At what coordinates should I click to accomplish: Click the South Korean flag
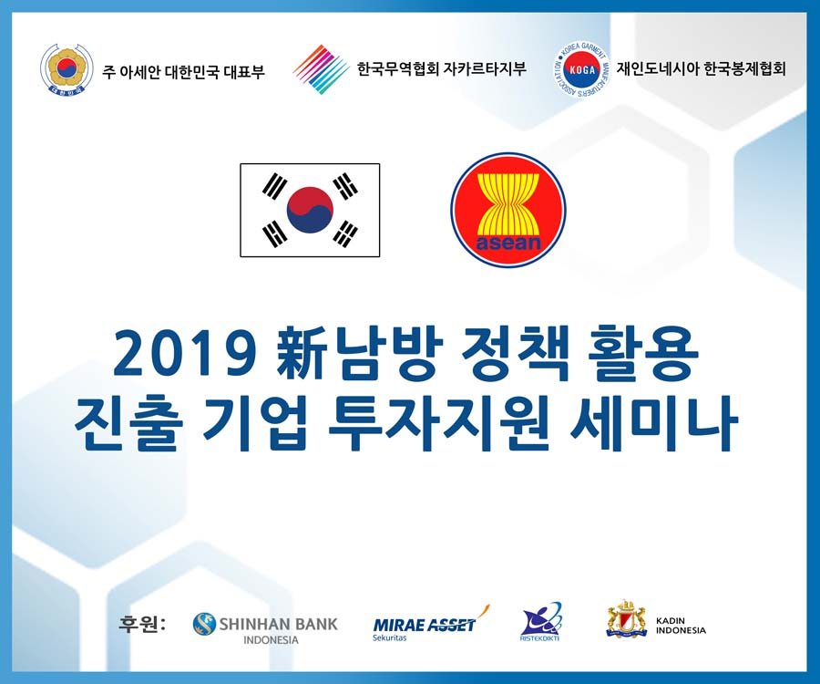click(310, 210)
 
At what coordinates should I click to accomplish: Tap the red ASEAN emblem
click(508, 210)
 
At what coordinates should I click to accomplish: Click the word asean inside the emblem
click(508, 243)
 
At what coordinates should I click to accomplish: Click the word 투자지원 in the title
click(438, 423)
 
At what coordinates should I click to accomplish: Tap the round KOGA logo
click(581, 69)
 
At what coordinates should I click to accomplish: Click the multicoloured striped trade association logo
click(321, 69)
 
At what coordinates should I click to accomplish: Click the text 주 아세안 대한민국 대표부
click(183, 70)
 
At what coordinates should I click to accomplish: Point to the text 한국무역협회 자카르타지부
click(441, 68)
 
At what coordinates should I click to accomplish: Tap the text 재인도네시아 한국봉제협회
click(702, 68)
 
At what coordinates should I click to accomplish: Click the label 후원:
click(142, 623)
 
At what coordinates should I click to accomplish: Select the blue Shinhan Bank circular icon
click(204, 624)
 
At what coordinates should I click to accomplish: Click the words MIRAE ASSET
click(424, 625)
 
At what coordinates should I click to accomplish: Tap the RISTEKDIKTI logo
click(540, 622)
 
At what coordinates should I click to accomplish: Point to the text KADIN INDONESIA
click(681, 625)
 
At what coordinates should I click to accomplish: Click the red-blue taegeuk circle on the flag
click(310, 210)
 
